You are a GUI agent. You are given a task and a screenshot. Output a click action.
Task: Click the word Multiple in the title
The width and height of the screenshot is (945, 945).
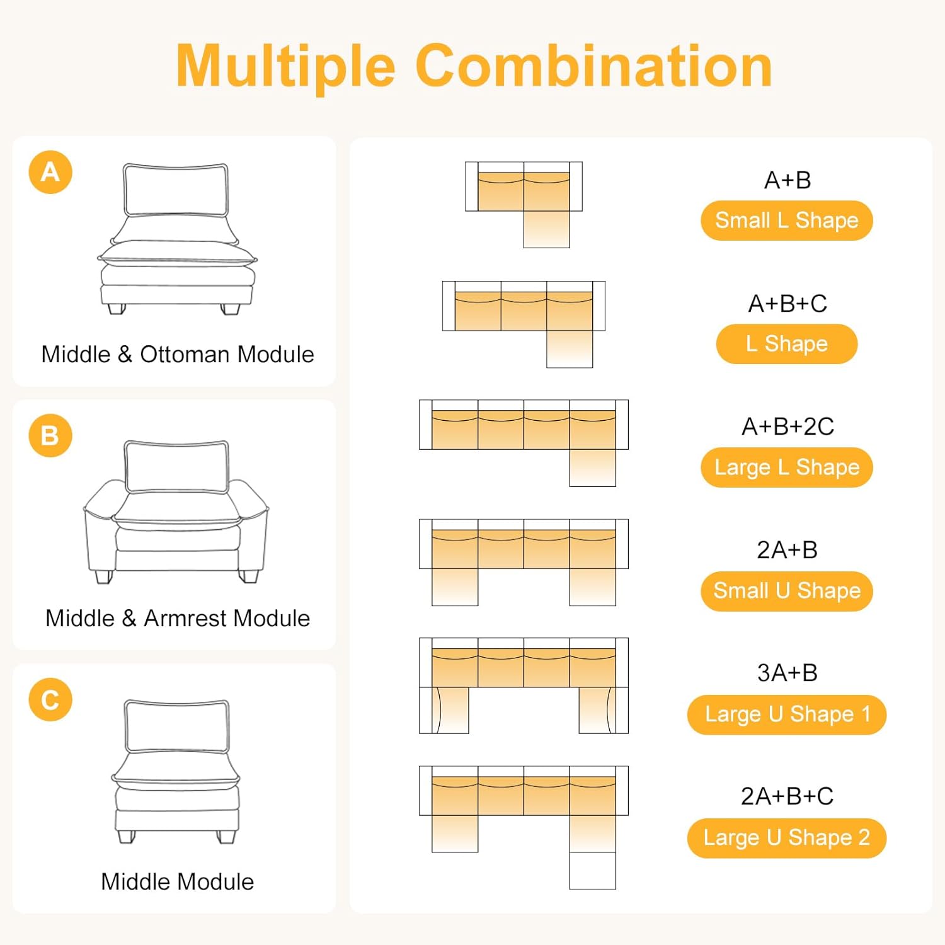[286, 67]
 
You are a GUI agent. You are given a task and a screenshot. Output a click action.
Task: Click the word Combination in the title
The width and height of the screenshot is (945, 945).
[594, 66]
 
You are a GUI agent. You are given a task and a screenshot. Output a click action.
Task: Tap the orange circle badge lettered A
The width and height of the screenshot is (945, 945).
[50, 172]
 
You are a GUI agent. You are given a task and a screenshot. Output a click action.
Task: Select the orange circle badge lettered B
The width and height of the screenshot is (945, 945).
[50, 436]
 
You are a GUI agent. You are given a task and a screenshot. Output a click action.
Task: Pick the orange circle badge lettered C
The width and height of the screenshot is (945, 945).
[50, 700]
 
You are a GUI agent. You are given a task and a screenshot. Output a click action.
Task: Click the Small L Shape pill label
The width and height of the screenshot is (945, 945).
[787, 220]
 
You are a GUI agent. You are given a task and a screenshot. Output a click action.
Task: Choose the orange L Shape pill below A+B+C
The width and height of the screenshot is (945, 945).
[787, 344]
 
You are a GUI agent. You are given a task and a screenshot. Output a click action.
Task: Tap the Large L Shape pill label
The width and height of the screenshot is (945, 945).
[787, 467]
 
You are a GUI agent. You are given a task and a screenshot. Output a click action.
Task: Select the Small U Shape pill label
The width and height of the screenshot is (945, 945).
[787, 591]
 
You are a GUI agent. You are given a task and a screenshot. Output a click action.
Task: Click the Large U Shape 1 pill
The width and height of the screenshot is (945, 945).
[787, 714]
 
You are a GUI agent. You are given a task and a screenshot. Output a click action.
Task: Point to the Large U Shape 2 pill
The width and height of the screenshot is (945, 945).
[787, 838]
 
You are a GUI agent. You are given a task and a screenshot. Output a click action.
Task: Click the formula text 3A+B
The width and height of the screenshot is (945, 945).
[787, 673]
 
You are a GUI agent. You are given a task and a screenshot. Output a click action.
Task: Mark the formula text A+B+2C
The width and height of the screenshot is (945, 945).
[787, 427]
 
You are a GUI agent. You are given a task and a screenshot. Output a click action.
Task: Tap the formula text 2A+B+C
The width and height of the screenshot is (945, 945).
[787, 796]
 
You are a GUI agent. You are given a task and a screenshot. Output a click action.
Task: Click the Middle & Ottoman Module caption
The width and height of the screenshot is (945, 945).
[178, 355]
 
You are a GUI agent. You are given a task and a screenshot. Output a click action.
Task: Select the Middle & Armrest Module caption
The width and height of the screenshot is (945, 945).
[178, 619]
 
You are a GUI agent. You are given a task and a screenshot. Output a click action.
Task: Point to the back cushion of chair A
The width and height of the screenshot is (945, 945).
[176, 190]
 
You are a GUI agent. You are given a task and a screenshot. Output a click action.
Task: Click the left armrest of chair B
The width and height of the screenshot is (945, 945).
[101, 529]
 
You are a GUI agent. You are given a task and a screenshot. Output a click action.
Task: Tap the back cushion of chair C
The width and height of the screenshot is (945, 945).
[177, 726]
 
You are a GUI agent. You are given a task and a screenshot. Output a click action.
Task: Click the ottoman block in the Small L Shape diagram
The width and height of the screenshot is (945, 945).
[547, 229]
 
